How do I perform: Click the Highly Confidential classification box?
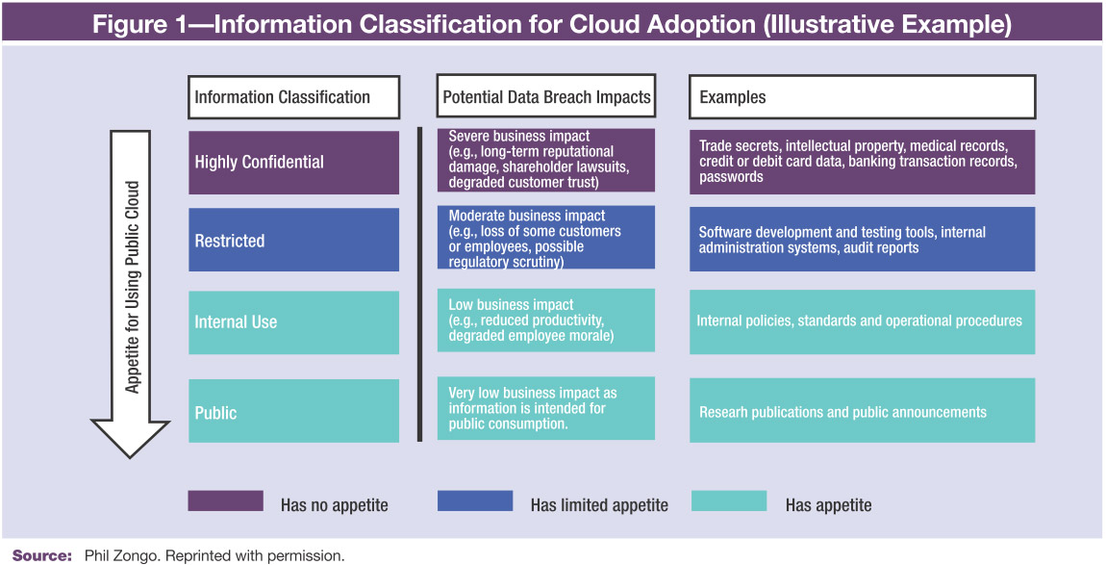(x=293, y=162)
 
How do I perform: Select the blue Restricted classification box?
(x=293, y=240)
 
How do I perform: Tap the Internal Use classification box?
(x=293, y=322)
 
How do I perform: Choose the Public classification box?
(x=293, y=411)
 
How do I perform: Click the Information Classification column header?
(x=293, y=96)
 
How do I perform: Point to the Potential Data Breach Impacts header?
(x=546, y=96)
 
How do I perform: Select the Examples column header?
(x=862, y=96)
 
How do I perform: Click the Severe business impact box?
(x=546, y=161)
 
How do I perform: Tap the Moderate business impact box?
(x=546, y=238)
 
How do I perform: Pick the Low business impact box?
(x=546, y=320)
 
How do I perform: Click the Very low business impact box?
(x=546, y=408)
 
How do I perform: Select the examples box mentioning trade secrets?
(x=862, y=162)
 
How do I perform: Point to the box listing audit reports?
(x=862, y=239)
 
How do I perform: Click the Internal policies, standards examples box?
(x=862, y=321)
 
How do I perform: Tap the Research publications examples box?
(x=862, y=410)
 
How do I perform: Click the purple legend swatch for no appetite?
(x=226, y=501)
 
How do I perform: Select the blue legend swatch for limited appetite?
(x=475, y=501)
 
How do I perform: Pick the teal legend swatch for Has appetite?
(x=729, y=501)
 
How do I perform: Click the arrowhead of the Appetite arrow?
(x=131, y=439)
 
